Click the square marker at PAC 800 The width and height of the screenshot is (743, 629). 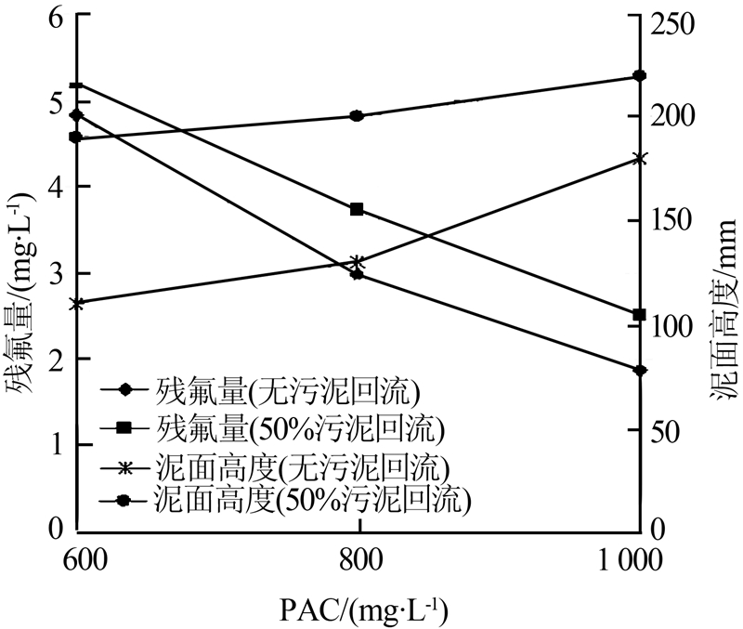(x=357, y=210)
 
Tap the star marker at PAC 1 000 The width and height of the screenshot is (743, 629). (x=639, y=159)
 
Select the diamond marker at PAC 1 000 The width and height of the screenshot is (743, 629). (x=639, y=370)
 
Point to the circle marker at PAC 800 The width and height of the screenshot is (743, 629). (x=357, y=116)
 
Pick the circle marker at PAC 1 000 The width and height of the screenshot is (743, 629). (x=639, y=76)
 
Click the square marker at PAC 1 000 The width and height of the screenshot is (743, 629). (x=639, y=315)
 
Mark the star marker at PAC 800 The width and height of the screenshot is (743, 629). (x=357, y=262)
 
